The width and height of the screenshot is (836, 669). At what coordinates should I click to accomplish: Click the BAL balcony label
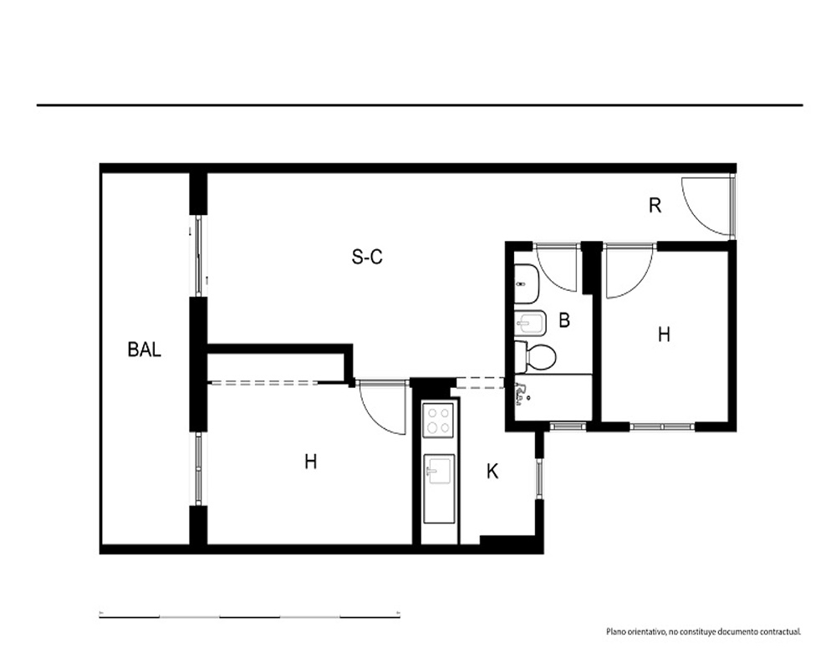pos(145,350)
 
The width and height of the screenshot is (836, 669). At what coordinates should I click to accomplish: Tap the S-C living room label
pos(367,257)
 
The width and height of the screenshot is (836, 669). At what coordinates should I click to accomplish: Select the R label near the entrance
pos(655,205)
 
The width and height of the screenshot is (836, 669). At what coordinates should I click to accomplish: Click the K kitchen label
pos(492,471)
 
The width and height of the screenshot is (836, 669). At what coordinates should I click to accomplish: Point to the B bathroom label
pos(564,320)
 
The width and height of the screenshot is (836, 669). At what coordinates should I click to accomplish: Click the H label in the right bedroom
pos(664,334)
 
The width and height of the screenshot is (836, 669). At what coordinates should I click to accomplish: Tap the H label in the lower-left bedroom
pos(311,461)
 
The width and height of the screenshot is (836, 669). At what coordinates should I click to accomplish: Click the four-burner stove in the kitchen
pos(438,420)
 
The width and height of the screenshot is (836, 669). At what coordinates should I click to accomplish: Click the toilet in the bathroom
pos(535,356)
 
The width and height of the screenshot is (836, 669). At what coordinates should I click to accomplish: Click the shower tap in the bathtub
pos(521,394)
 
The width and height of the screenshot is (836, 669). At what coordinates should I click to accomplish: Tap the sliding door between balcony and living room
pos(198,255)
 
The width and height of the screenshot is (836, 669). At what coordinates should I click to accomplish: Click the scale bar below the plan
pos(249,616)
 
